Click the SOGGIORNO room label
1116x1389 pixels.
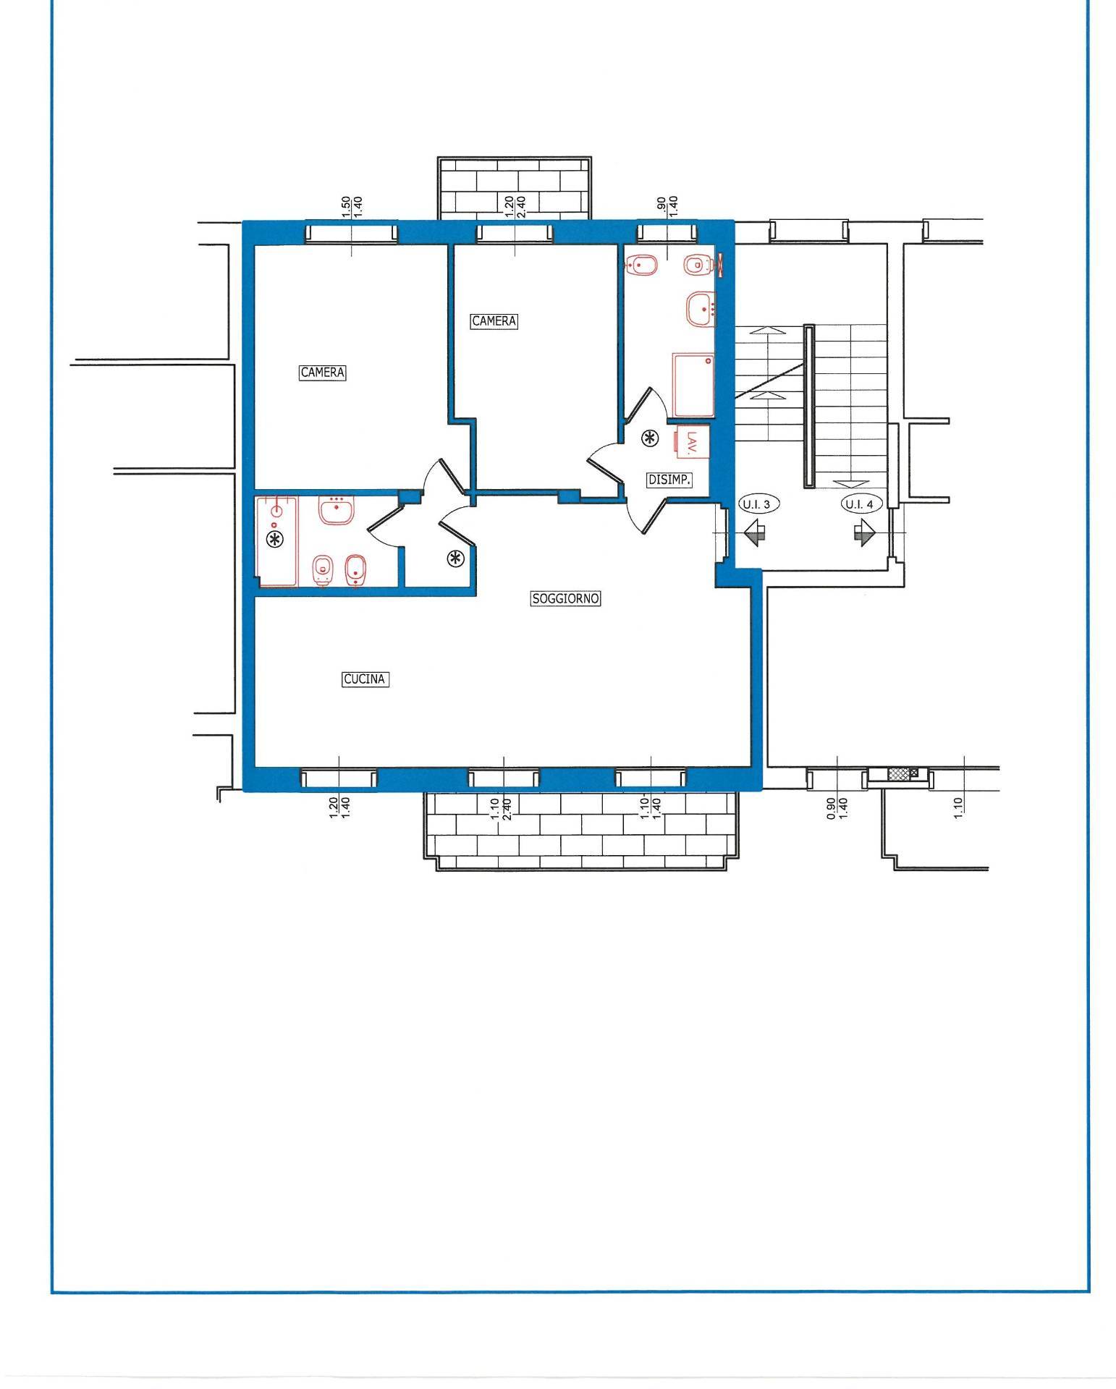click(566, 599)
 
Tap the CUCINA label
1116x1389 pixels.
click(365, 679)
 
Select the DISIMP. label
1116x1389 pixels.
click(669, 479)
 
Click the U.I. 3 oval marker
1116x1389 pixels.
click(758, 504)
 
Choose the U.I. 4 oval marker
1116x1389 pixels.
click(860, 504)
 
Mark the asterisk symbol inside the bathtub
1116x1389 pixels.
click(275, 538)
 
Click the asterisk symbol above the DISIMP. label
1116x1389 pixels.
click(651, 438)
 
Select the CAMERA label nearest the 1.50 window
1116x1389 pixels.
click(323, 373)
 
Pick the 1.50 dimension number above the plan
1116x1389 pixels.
click(346, 206)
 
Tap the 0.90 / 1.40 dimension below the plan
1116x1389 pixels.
click(836, 807)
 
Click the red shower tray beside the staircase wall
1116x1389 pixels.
click(693, 385)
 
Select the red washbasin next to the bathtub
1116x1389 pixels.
click(336, 510)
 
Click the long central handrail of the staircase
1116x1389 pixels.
click(808, 405)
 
